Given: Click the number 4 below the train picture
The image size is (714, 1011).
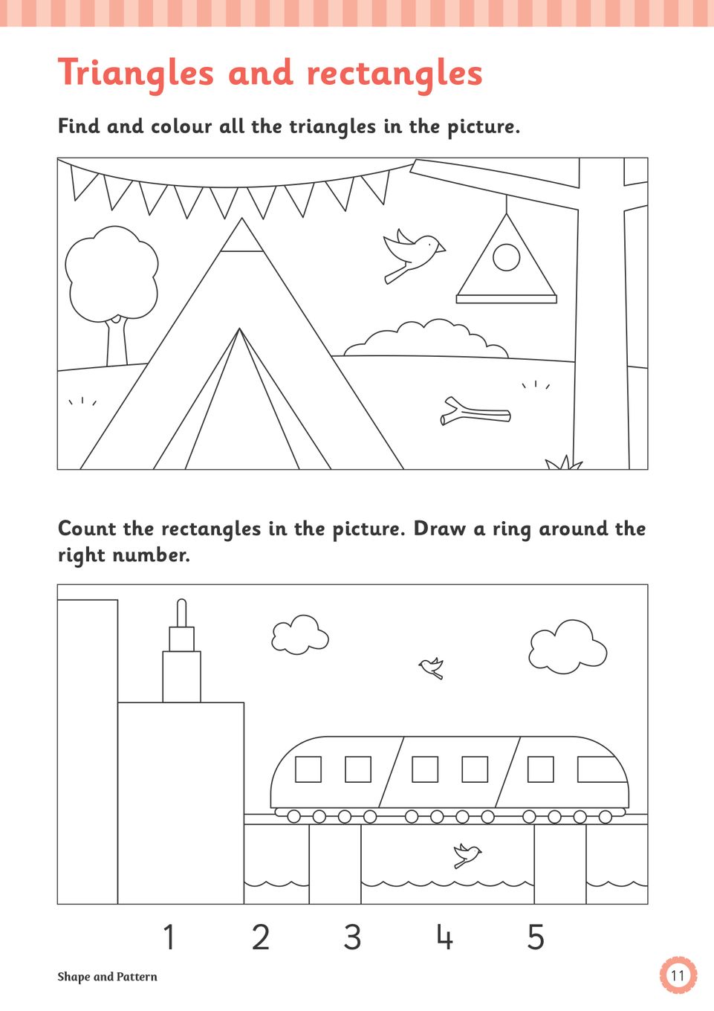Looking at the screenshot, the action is [444, 937].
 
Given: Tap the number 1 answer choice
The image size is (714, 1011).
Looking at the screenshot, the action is [169, 937].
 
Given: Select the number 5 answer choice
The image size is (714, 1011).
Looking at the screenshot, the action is [536, 937].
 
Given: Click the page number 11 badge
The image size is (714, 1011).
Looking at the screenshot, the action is [678, 976].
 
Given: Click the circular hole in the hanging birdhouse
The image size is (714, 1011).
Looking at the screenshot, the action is [506, 256].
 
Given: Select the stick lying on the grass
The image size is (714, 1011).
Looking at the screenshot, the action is [475, 412].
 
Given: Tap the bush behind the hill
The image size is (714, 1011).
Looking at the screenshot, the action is [426, 338].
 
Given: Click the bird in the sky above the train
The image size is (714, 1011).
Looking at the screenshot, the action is [432, 668].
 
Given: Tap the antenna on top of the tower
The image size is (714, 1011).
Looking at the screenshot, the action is [182, 613].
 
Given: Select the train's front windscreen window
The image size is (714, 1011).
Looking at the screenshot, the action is [602, 769].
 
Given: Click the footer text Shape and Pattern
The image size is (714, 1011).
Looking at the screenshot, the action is [107, 977].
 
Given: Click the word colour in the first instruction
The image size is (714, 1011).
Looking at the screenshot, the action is [181, 126].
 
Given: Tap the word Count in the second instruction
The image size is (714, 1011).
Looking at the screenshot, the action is [87, 529].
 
